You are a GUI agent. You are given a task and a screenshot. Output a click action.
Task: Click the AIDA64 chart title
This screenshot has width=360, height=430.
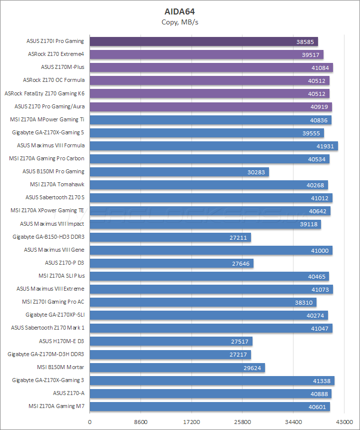tap(180, 11)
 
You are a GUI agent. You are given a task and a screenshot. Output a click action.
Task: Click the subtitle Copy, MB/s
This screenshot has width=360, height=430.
tap(180, 22)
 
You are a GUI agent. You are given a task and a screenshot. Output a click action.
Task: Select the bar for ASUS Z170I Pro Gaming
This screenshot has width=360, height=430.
tap(203, 41)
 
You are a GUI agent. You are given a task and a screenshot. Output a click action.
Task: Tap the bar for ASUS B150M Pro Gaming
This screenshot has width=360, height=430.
tap(179, 172)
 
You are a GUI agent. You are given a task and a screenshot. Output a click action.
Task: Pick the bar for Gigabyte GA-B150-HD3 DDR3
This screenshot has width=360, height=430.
tap(170, 237)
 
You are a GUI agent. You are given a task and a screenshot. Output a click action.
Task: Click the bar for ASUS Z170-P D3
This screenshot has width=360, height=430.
tap(171, 263)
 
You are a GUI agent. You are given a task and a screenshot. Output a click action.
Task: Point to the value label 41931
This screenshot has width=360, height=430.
tap(326, 146)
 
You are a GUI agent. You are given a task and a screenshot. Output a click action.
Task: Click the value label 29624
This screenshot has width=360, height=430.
tap(253, 368)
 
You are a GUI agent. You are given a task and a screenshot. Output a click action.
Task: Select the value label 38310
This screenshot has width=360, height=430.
tap(305, 302)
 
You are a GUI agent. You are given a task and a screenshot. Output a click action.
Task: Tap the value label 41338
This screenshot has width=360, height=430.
tap(323, 381)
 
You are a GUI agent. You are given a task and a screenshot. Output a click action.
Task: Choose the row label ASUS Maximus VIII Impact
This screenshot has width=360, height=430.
tap(52, 224)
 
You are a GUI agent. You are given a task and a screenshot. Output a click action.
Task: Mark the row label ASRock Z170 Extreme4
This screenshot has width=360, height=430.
tap(56, 54)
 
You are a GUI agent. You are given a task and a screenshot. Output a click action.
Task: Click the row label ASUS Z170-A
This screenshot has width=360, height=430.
tap(68, 393)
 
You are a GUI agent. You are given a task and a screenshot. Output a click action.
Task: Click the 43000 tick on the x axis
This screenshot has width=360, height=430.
tap(343, 422)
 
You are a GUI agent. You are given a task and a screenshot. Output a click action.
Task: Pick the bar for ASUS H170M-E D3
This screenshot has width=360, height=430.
tap(171, 341)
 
